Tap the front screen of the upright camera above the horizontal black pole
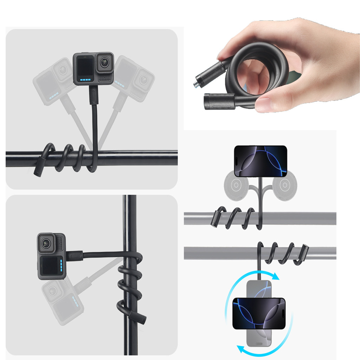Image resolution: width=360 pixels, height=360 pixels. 85,67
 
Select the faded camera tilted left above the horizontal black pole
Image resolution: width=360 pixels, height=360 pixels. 53,82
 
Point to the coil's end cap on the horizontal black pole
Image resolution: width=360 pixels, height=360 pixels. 38,170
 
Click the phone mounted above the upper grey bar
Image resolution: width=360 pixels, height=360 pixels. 261,161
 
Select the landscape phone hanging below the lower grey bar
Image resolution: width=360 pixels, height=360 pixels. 258,313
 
